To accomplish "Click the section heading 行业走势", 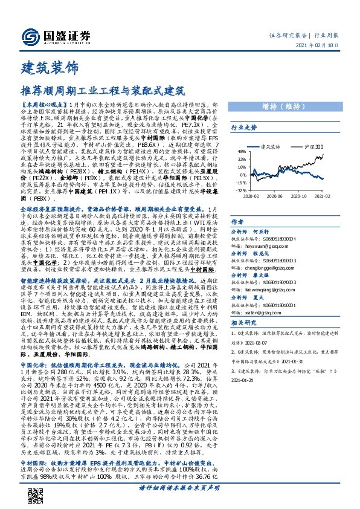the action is pyautogui.click(x=262, y=128).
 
